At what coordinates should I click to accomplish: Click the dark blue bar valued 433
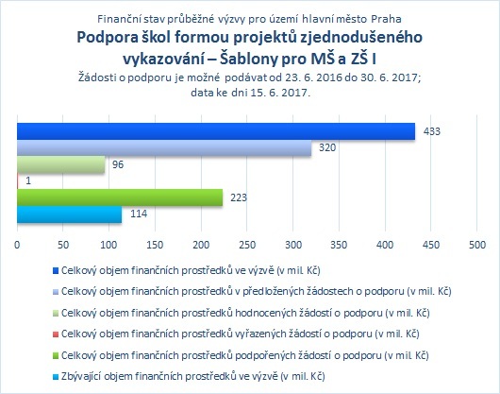(216, 131)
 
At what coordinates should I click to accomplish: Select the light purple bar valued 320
(164, 147)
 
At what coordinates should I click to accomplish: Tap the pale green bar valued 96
(61, 164)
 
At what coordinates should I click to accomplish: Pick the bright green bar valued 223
(120, 197)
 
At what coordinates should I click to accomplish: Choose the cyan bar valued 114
(70, 214)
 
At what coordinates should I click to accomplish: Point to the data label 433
(432, 131)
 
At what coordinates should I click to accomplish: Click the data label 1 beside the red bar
(28, 181)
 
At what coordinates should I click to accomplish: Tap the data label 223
(239, 197)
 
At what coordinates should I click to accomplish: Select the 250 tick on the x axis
(247, 245)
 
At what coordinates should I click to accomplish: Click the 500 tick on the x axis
(477, 245)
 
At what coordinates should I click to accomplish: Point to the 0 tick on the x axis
(17, 245)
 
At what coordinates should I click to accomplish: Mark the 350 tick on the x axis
(339, 245)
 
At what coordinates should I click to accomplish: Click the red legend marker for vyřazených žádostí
(56, 334)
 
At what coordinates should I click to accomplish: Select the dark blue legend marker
(56, 271)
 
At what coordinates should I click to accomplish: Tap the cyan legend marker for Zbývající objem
(56, 377)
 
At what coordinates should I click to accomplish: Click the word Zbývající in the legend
(81, 376)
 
